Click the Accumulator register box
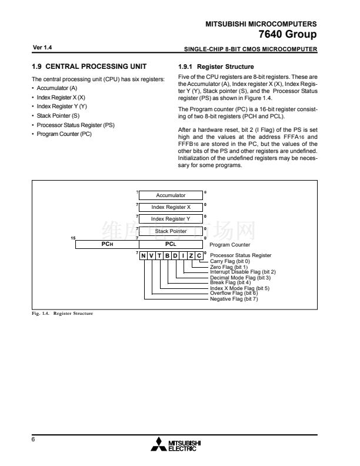pos(171,195)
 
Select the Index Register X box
pos(171,207)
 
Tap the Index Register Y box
pos(171,219)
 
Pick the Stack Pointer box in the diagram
pos(171,231)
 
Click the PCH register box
pos(106,244)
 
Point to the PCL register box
pos(171,244)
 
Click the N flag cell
pos(144,255)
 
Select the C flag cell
pos(199,255)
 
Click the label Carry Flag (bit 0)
pos(230,261)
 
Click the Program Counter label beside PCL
pos(230,244)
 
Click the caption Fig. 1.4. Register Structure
pos(63,314)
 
